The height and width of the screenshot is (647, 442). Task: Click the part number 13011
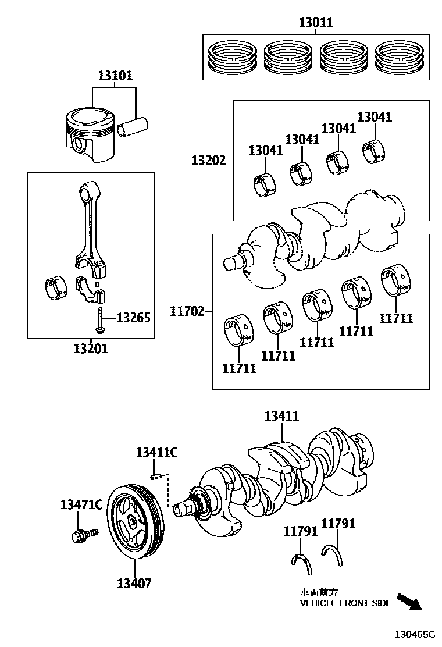coord(316,23)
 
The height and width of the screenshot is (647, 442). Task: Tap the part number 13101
coord(115,76)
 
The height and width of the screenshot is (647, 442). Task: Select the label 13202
coord(208,159)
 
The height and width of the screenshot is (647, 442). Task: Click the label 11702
coord(187,311)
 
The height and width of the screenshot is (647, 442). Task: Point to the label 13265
coord(133,318)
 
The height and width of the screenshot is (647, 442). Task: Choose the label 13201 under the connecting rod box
coord(90,349)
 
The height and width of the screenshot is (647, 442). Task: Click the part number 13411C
coord(156,453)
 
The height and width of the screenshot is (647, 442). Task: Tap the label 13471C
coord(81,504)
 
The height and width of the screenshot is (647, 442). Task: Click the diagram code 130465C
coord(415,634)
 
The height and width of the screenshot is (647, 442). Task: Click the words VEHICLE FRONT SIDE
coord(345,603)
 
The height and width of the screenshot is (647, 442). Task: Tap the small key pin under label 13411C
coord(155,477)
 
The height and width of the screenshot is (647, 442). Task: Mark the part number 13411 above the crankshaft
coord(281,416)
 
